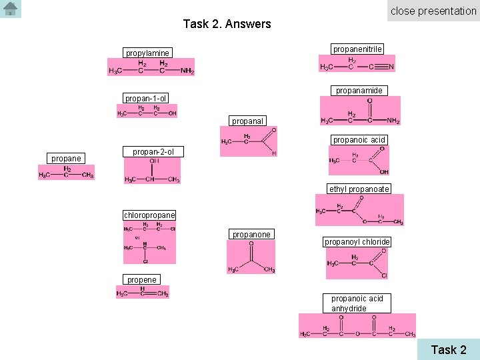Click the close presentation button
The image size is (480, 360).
click(433, 11)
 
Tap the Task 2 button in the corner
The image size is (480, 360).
click(448, 349)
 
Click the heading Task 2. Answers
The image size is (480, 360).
click(227, 24)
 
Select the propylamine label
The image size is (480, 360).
click(148, 53)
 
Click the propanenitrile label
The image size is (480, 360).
click(357, 49)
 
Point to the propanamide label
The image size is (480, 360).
click(359, 90)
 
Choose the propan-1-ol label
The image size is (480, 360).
click(145, 99)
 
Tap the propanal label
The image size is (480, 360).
click(248, 121)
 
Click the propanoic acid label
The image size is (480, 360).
click(359, 140)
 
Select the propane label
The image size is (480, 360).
click(66, 159)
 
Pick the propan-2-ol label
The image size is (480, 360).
click(153, 152)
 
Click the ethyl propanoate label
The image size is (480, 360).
click(359, 189)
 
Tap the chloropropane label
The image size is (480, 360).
click(149, 215)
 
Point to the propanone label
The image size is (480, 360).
click(251, 235)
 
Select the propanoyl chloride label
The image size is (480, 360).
click(357, 242)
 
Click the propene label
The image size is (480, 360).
click(141, 280)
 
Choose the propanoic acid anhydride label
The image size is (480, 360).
click(357, 303)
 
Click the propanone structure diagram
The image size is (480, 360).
click(251, 257)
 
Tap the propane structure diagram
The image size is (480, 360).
click(66, 172)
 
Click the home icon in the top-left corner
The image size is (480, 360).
click(11, 9)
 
